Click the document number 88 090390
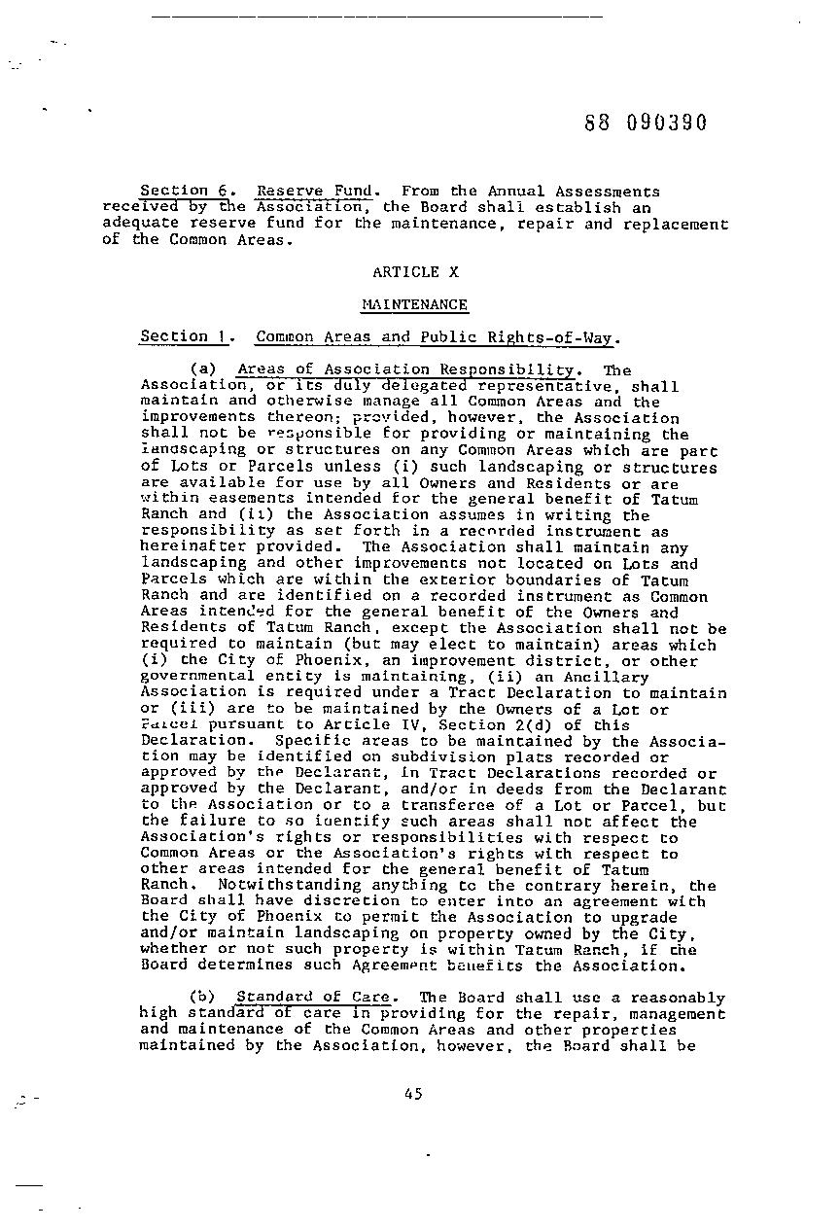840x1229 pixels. [x=646, y=123]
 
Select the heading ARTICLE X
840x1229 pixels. [x=415, y=272]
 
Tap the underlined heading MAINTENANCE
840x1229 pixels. [x=415, y=304]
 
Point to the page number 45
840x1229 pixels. [x=412, y=1094]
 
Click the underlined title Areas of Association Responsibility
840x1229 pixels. [x=405, y=369]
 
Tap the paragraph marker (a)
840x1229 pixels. [x=202, y=369]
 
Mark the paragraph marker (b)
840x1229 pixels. [x=202, y=998]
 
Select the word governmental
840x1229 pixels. [x=192, y=677]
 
